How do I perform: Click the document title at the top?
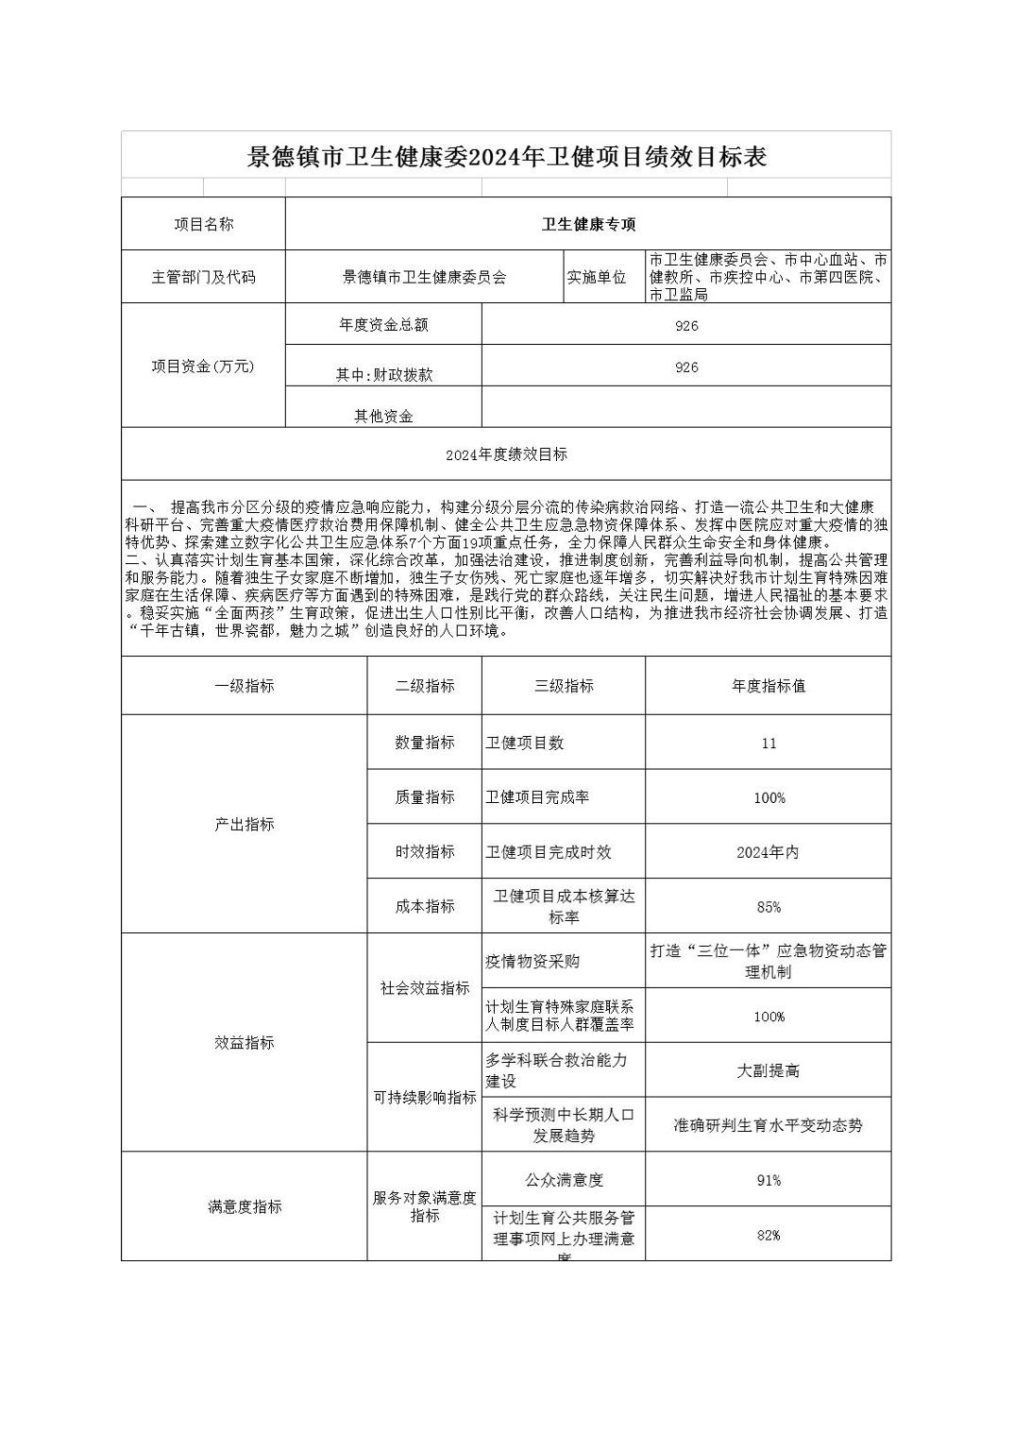click(x=506, y=157)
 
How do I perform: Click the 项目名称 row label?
click(x=203, y=224)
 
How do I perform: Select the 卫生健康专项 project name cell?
click(x=588, y=224)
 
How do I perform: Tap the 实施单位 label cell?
click(x=596, y=277)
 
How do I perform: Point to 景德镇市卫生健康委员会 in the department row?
click(x=424, y=277)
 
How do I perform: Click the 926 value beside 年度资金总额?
click(x=686, y=326)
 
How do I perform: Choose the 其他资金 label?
click(x=383, y=416)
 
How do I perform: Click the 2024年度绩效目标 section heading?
click(x=506, y=454)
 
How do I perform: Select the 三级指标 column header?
click(x=564, y=686)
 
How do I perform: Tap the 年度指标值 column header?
click(x=769, y=686)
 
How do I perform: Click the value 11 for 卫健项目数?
click(x=769, y=744)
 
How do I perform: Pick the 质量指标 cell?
click(x=424, y=797)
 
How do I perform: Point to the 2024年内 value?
click(x=769, y=852)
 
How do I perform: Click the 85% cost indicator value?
click(x=769, y=907)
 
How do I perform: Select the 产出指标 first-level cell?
click(x=244, y=825)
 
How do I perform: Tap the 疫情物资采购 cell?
click(x=532, y=962)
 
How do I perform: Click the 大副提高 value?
click(x=769, y=1071)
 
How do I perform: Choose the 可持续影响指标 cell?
click(x=424, y=1098)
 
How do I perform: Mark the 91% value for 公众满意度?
click(x=769, y=1180)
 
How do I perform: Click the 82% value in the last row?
click(x=769, y=1235)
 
